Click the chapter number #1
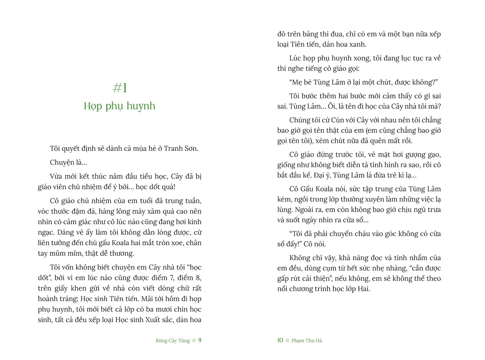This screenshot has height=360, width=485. point(120,88)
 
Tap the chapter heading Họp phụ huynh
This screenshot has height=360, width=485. point(120,106)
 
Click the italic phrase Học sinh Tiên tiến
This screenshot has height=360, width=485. point(105,299)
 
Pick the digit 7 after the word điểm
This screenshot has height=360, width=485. point(175,278)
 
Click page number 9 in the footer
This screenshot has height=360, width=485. point(199,340)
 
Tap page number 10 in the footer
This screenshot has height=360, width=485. point(280,340)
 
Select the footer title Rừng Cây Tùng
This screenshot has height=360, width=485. point(173,341)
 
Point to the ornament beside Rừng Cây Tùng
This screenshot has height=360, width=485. point(194,341)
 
